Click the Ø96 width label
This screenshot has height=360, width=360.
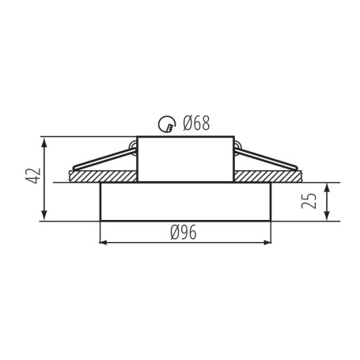pyautogui.click(x=184, y=232)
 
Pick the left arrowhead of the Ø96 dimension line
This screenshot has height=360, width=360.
pyautogui.click(x=104, y=242)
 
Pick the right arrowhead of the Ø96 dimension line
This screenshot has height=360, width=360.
pyautogui.click(x=265, y=242)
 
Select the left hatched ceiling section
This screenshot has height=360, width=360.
pyautogui.click(x=103, y=176)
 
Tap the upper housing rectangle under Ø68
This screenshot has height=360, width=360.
pyautogui.click(x=184, y=159)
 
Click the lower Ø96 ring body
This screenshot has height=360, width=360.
pyautogui.click(x=184, y=203)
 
